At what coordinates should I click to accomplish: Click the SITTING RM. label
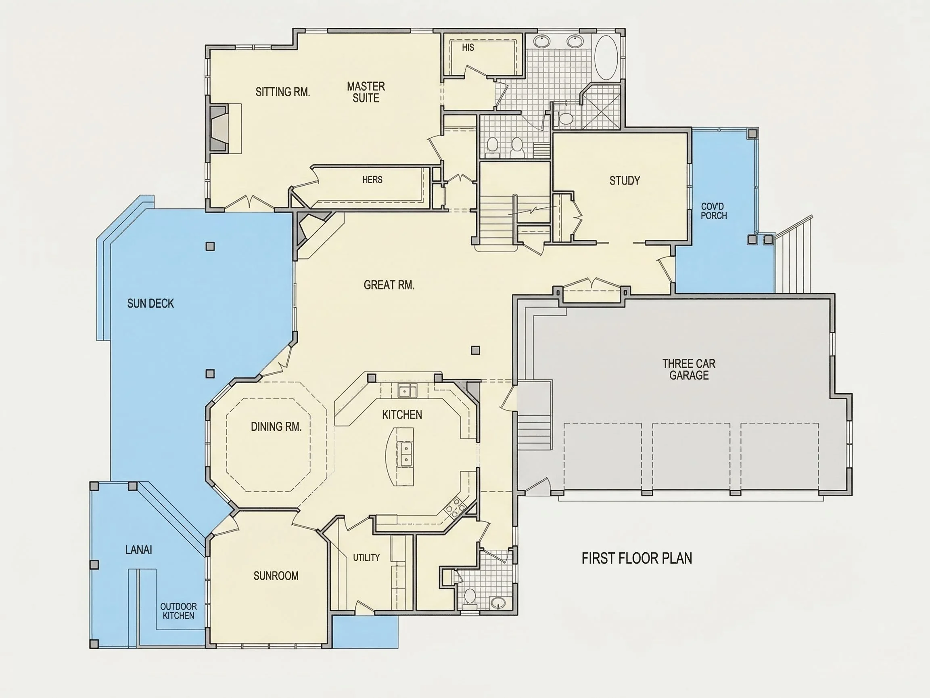282,92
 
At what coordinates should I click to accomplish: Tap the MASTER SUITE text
366,92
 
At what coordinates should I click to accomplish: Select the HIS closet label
468,48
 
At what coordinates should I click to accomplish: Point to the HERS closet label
372,180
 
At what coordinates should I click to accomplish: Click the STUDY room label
625,181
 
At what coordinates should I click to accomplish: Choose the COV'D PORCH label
713,211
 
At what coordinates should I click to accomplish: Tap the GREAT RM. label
389,285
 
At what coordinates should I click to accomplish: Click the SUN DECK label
150,303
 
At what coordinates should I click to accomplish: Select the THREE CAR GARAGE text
689,369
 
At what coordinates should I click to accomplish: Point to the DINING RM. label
276,427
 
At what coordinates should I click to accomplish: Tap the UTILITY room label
366,558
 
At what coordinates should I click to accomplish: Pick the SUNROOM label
276,576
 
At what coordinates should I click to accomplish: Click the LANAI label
139,549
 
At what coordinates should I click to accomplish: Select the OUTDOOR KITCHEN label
178,611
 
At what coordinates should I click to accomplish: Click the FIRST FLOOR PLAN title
637,558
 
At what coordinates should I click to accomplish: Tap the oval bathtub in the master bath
606,58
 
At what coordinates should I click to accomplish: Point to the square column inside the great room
476,350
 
